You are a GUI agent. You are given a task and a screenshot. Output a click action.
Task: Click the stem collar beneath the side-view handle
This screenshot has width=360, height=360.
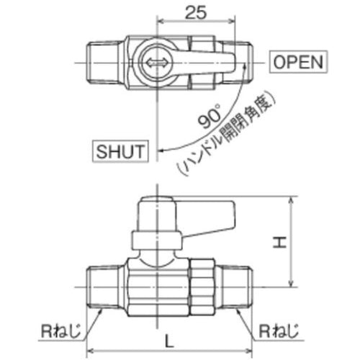[155, 241]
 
